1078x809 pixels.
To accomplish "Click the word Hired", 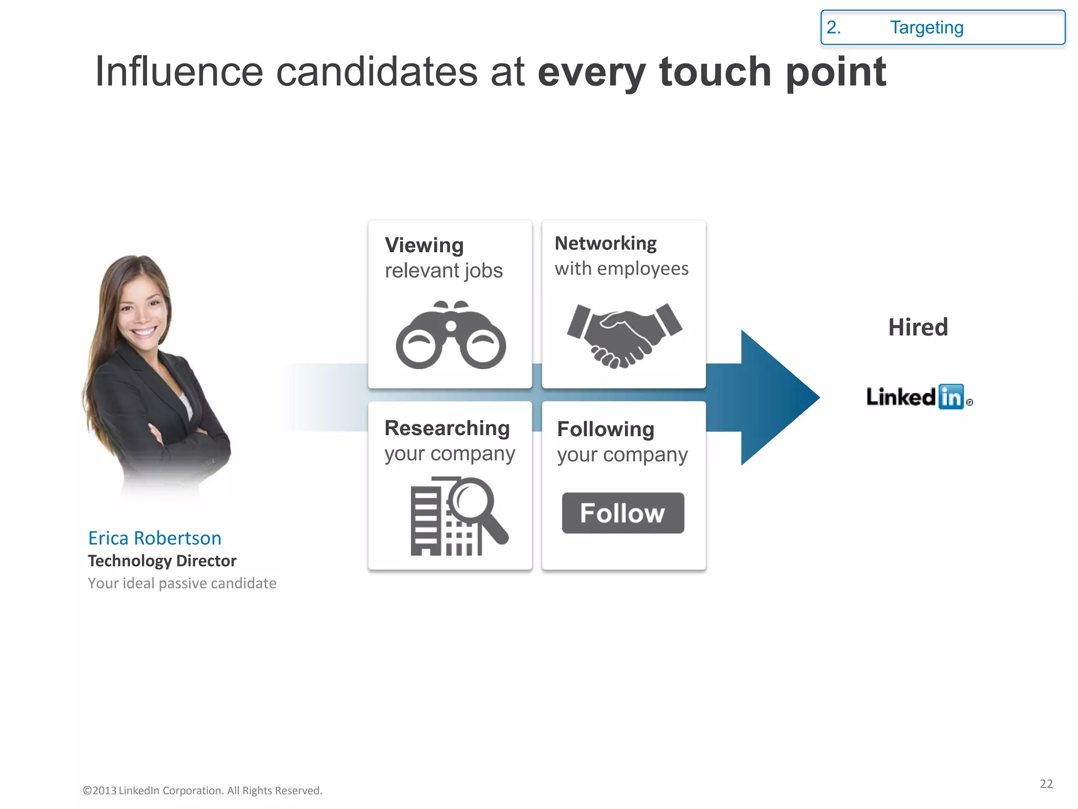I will tap(918, 327).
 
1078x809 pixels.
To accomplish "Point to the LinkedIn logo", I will tap(919, 397).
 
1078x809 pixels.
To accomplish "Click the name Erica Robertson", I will tap(154, 538).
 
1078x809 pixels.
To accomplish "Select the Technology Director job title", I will tap(162, 561).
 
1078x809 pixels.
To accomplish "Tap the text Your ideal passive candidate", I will tap(182, 584).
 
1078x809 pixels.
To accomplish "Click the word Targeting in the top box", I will tap(926, 27).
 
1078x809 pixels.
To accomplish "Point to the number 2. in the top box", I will tap(833, 27).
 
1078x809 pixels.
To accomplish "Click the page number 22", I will tap(1046, 784).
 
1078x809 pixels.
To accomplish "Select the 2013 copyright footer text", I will tap(203, 791).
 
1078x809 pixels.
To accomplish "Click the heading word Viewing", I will tap(424, 245).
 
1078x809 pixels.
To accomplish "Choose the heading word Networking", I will tap(605, 243).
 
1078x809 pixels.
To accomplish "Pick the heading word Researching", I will tap(447, 428).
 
